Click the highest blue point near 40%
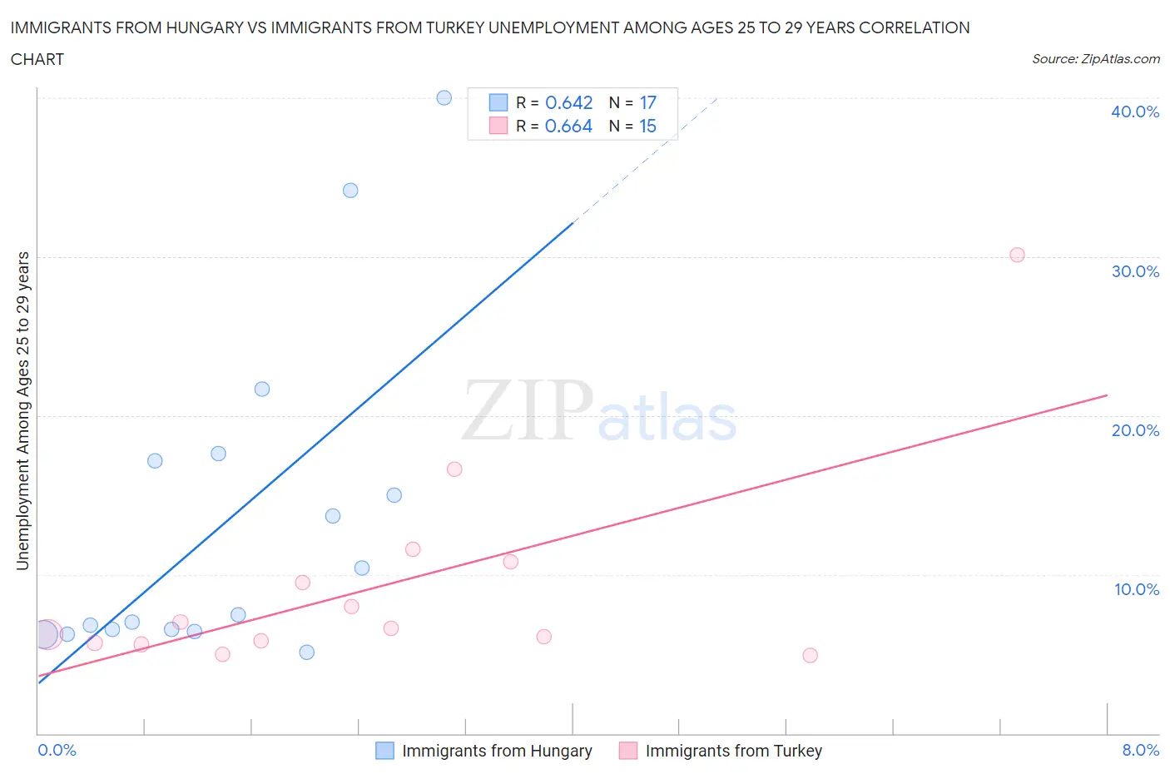click(444, 98)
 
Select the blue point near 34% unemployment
click(350, 191)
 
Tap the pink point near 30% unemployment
click(1017, 256)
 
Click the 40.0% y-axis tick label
click(1135, 112)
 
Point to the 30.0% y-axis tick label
click(1135, 271)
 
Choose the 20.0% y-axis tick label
click(1135, 430)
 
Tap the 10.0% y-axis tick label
click(1137, 589)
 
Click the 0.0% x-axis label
click(57, 750)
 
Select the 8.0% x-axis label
click(1140, 750)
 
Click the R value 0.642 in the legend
click(568, 102)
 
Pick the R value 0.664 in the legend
click(568, 126)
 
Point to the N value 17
click(647, 102)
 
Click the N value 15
click(647, 126)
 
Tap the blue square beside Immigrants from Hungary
click(384, 751)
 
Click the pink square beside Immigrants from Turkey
click(628, 751)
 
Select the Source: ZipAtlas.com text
click(1095, 58)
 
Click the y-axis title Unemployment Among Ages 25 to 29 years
click(22, 410)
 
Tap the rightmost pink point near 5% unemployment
click(810, 656)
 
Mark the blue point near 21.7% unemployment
click(262, 389)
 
